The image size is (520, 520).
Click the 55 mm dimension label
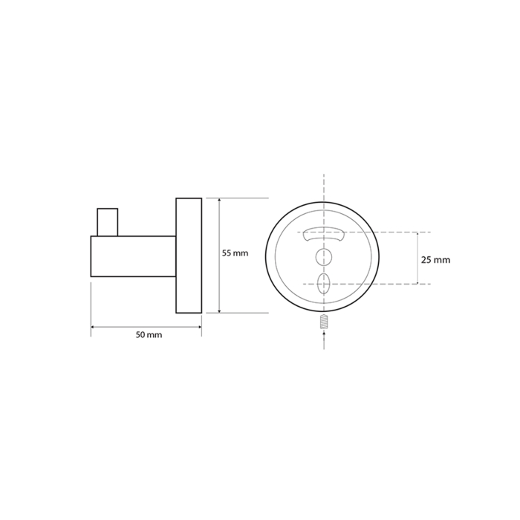point(235,253)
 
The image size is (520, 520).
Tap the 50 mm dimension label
point(149,334)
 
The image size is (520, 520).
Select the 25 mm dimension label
point(436,260)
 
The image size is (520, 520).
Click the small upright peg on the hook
point(108,222)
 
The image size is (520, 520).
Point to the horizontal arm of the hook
point(133,256)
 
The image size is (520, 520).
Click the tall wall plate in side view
point(189,256)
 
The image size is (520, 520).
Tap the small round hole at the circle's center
point(323,256)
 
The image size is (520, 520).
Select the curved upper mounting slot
point(323,234)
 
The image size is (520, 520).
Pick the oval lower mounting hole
point(323,284)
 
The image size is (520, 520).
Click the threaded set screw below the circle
point(324,322)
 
